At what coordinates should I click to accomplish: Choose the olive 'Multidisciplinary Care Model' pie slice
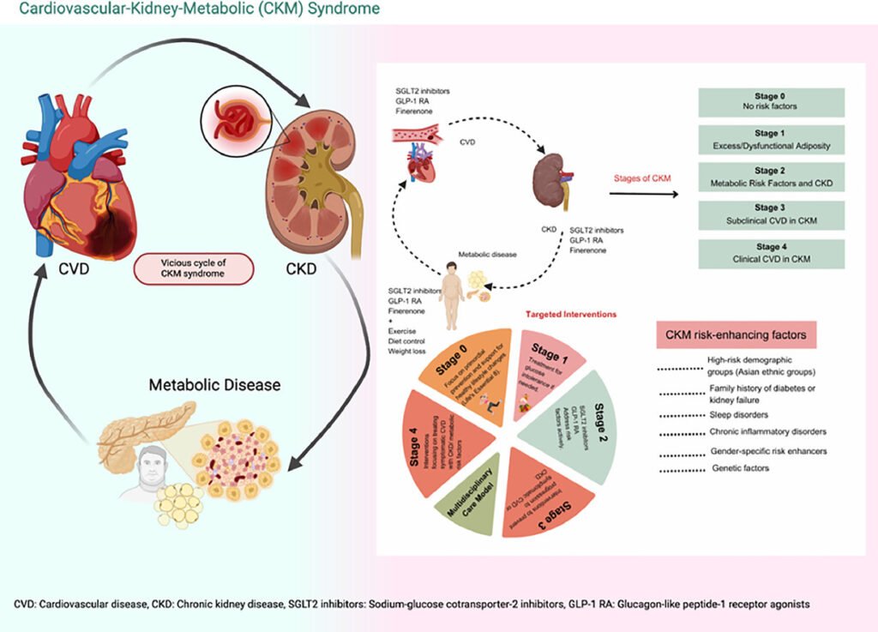pos(471,494)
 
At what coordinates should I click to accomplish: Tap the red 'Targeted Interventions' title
pos(569,314)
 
